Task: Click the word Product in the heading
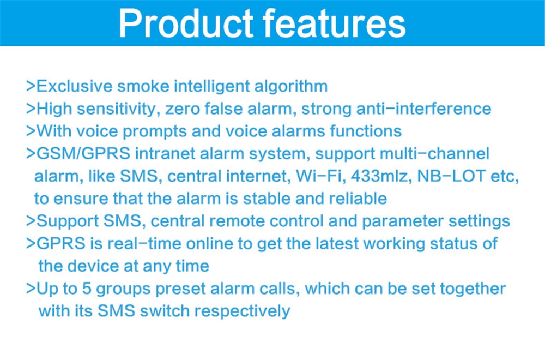(x=186, y=23)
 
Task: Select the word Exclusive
(x=74, y=86)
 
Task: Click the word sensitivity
(x=116, y=109)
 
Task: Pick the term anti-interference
(x=423, y=109)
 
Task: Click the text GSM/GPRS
(x=83, y=154)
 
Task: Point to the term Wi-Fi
(x=318, y=176)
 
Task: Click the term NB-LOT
(x=451, y=176)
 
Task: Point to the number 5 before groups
(x=87, y=289)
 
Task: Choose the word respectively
(x=243, y=311)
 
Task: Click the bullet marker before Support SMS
(x=31, y=221)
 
